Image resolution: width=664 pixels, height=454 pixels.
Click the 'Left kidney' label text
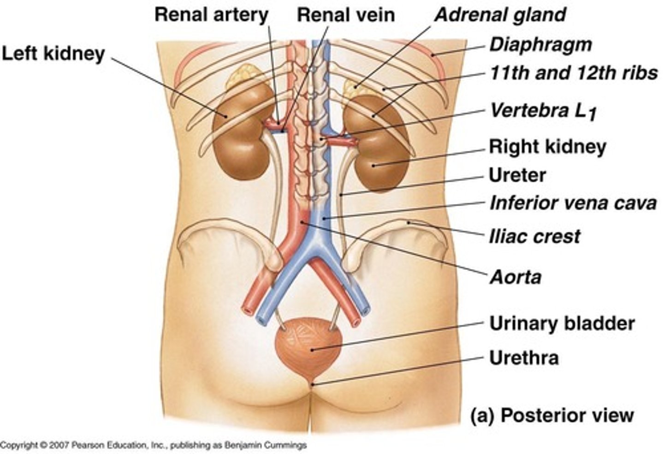(53, 54)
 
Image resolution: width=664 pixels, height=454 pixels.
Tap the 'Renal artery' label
(211, 15)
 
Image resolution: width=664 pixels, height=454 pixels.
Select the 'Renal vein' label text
(346, 15)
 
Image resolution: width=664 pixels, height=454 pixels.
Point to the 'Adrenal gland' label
(500, 15)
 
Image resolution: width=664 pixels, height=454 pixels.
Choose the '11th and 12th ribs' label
(573, 73)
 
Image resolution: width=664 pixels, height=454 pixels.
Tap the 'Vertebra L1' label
(543, 111)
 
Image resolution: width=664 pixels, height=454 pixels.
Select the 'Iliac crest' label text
(534, 237)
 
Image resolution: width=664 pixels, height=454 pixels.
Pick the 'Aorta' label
(515, 277)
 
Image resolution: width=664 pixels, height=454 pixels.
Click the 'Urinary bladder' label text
(562, 323)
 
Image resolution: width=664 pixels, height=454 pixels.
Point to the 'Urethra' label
(524, 358)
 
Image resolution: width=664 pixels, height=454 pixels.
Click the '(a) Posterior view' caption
(552, 415)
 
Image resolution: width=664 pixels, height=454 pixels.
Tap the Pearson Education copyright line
(153, 446)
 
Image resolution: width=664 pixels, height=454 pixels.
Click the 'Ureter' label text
(517, 175)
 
